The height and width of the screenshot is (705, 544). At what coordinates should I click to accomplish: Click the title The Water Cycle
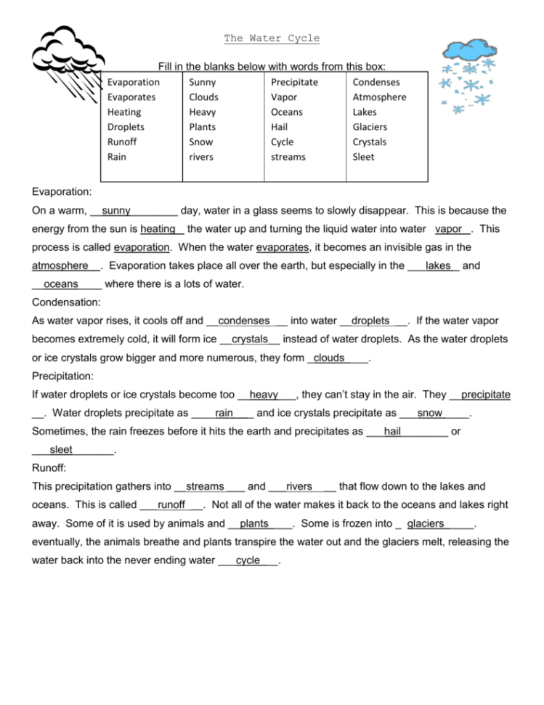271,39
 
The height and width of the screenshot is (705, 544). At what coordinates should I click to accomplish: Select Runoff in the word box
122,142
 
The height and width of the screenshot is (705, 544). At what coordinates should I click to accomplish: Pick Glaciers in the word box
370,127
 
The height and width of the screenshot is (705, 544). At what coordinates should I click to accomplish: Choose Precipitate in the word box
294,82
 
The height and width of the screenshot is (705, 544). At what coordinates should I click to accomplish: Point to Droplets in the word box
126,127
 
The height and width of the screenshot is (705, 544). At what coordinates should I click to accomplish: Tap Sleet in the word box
363,157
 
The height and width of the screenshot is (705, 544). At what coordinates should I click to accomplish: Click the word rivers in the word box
201,157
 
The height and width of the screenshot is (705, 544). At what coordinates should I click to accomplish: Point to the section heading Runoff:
49,469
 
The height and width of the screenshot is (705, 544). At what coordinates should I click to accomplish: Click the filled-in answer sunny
116,211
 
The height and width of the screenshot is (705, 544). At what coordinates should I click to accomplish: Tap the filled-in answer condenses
243,321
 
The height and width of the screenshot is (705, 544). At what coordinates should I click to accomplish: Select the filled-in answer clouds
329,358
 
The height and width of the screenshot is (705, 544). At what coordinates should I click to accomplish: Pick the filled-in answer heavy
264,395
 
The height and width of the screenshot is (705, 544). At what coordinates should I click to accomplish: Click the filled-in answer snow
430,414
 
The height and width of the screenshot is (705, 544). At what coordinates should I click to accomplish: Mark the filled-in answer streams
206,486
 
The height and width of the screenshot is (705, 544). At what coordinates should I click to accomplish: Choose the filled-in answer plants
254,523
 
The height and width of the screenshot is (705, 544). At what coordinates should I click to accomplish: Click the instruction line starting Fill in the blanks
271,66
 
